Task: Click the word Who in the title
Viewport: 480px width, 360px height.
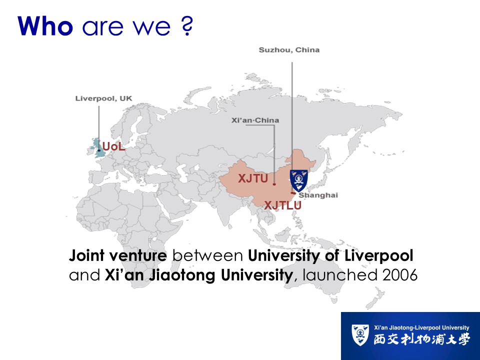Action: tap(45, 26)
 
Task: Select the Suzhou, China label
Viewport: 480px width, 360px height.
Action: tap(289, 50)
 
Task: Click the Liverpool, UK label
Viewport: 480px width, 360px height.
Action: tap(104, 98)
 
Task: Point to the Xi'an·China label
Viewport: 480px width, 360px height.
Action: tap(255, 120)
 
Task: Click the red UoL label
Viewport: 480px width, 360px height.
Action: tap(113, 146)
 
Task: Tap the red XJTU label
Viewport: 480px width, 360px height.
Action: tap(253, 178)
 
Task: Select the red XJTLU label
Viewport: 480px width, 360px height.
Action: tap(283, 205)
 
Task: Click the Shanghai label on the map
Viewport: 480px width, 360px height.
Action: tap(318, 195)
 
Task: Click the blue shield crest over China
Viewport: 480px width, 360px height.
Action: tap(299, 180)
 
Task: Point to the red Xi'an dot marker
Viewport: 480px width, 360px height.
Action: tap(274, 184)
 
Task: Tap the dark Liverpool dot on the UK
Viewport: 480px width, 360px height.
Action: tap(99, 150)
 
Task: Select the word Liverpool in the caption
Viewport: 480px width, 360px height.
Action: tap(379, 256)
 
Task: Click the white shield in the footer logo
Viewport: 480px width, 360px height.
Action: tap(360, 335)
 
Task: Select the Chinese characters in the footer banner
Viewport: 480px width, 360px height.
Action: tap(421, 339)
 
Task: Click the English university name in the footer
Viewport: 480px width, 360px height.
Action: tap(421, 327)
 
